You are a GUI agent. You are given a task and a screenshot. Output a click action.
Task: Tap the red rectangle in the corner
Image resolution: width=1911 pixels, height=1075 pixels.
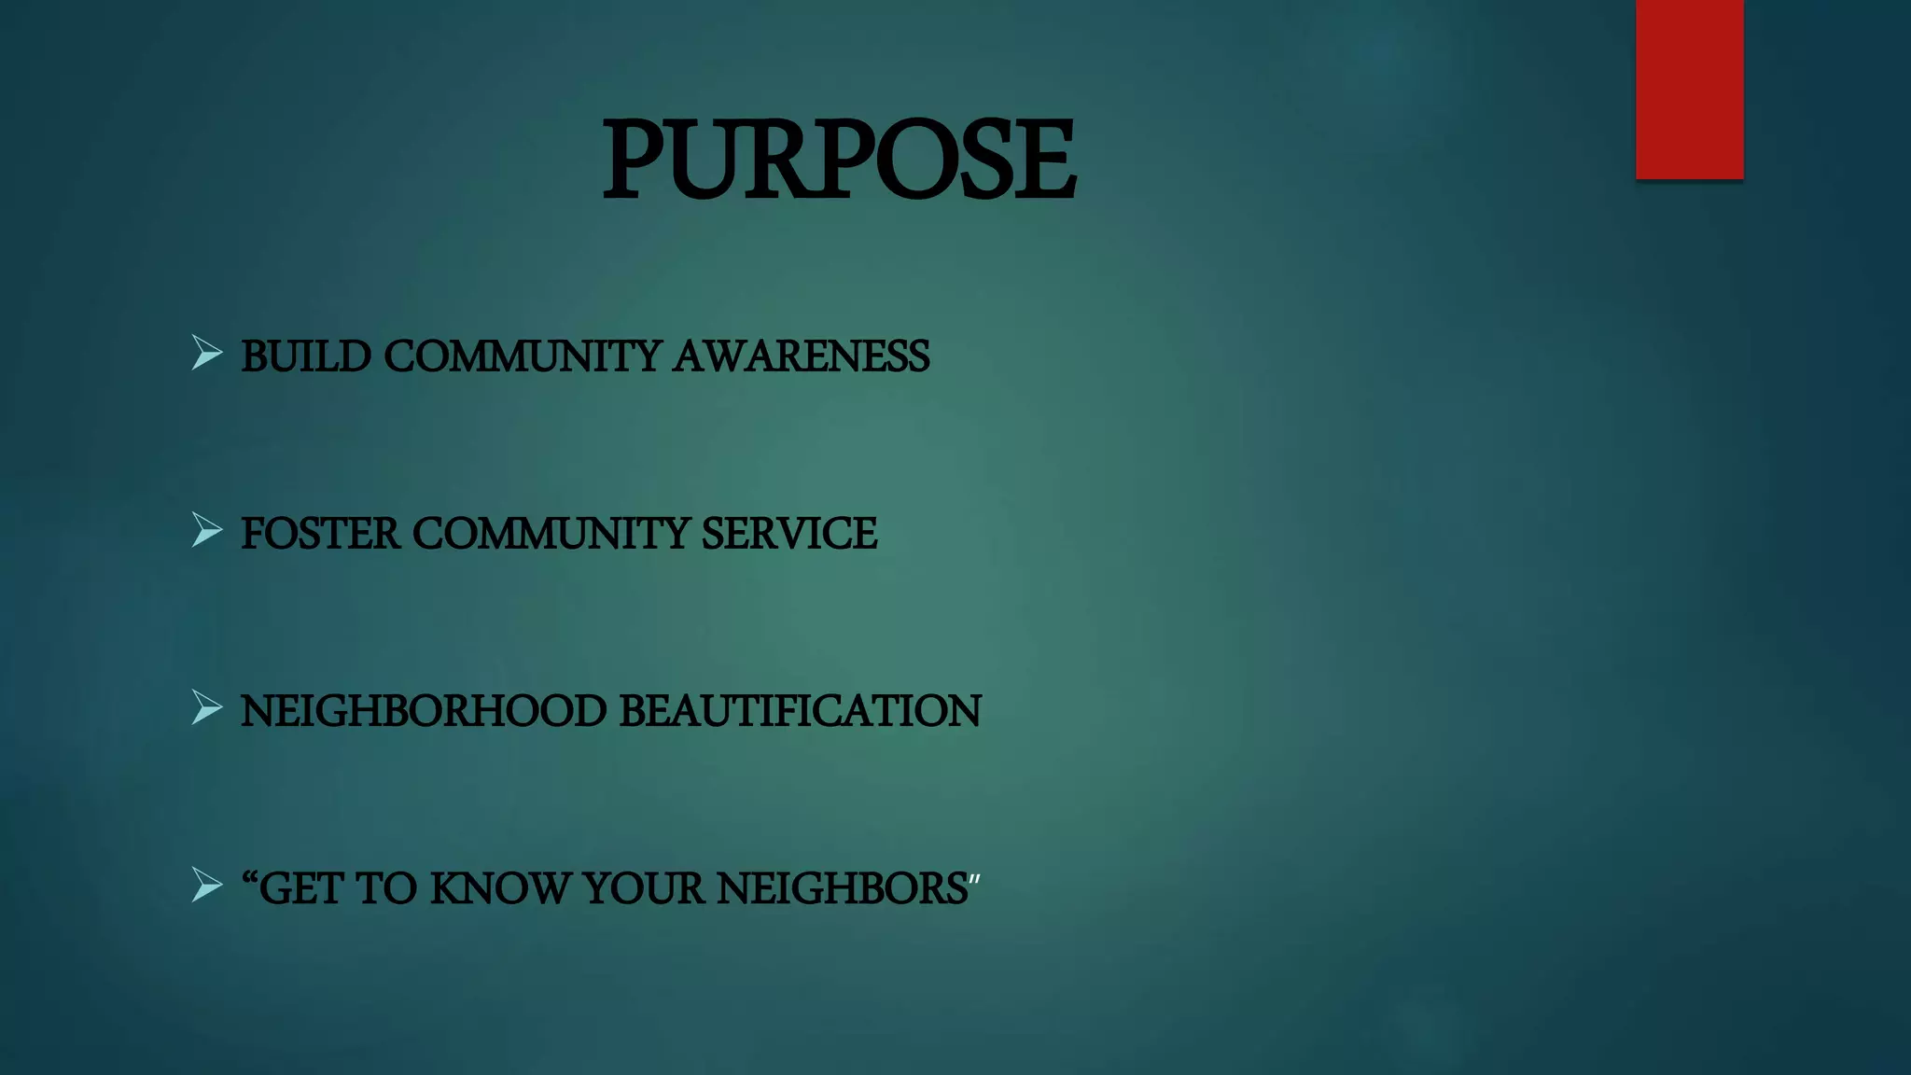(x=1689, y=89)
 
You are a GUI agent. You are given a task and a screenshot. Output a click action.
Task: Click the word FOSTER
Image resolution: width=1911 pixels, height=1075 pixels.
(x=320, y=534)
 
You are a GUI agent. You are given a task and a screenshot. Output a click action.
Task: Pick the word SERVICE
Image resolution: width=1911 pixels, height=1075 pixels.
(x=788, y=534)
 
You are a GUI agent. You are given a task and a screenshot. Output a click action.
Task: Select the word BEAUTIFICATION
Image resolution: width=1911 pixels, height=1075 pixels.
(x=800, y=711)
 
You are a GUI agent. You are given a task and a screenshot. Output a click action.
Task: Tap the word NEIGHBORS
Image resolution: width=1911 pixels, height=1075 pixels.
(x=842, y=888)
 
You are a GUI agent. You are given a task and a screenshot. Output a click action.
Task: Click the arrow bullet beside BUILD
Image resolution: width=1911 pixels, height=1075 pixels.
(x=206, y=353)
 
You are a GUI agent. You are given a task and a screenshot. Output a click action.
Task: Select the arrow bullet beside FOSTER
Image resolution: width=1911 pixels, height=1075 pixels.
(x=206, y=530)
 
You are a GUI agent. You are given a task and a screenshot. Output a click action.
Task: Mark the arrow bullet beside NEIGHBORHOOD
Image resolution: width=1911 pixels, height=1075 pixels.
(x=206, y=707)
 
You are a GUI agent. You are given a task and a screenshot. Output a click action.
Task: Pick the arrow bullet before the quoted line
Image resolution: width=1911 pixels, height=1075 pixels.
(x=206, y=885)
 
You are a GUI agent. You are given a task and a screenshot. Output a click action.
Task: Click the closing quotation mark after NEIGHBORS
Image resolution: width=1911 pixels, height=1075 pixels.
(x=974, y=880)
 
